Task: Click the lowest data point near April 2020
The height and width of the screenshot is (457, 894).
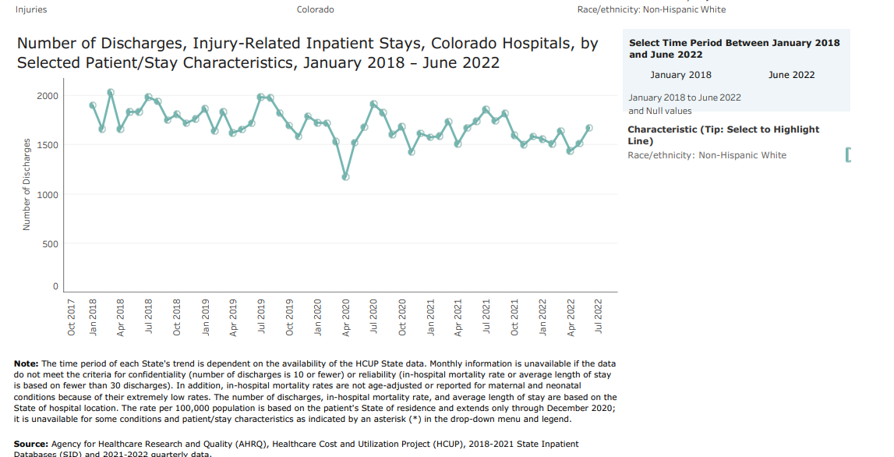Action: (x=345, y=177)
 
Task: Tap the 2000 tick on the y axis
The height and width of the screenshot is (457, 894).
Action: (x=47, y=96)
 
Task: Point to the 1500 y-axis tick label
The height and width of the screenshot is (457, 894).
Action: (x=47, y=145)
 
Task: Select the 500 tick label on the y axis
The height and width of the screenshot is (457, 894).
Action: (x=50, y=244)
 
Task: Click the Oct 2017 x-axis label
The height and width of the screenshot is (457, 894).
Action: (x=72, y=317)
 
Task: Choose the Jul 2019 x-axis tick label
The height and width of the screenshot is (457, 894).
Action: (x=261, y=317)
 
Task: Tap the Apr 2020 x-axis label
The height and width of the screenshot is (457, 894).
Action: (x=346, y=317)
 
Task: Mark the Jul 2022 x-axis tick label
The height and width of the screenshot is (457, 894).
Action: (x=599, y=317)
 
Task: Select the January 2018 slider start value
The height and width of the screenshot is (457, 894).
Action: (x=680, y=75)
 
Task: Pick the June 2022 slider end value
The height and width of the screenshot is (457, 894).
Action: (x=791, y=75)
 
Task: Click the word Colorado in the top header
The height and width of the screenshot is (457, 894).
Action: (x=316, y=9)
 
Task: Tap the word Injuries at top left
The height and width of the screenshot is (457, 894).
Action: (x=31, y=9)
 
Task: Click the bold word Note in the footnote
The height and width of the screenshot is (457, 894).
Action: (x=26, y=363)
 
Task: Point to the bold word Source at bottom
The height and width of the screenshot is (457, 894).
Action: (x=30, y=444)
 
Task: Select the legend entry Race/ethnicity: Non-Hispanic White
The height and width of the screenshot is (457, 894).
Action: (x=707, y=155)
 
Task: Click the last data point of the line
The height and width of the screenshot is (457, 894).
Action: (x=589, y=128)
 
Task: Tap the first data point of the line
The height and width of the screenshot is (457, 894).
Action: (x=93, y=105)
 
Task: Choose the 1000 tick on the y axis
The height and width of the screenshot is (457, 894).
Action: (x=47, y=194)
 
